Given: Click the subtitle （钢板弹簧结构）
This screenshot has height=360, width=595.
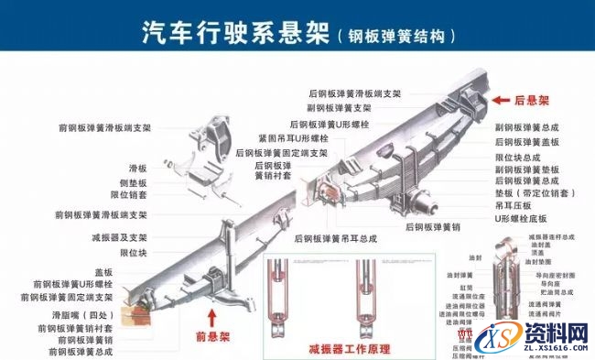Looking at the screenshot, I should point(395,37).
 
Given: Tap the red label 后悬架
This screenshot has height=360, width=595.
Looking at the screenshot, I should point(530,100).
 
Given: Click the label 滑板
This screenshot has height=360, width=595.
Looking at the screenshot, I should point(137,169).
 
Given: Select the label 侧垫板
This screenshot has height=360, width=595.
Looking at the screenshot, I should point(134,182).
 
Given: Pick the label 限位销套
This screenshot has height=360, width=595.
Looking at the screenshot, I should point(130,195).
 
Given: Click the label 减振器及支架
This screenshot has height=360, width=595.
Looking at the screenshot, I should point(121,237).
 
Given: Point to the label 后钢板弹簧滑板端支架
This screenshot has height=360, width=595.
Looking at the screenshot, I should point(354,93).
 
